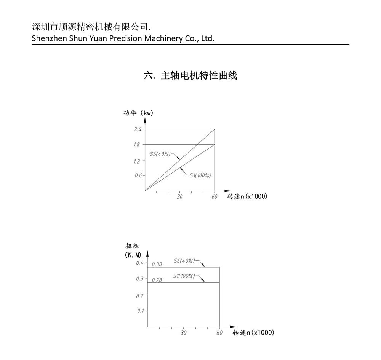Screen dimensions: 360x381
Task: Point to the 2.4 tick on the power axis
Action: coord(138,129)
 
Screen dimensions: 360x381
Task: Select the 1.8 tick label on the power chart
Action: coord(137,145)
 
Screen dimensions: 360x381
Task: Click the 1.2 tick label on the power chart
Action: coord(137,161)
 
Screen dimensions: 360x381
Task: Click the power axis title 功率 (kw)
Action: coord(138,113)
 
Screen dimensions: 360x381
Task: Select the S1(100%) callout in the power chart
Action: coord(200,175)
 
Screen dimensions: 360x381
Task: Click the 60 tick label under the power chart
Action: coord(215,197)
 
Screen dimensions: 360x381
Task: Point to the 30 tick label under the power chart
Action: coord(180,197)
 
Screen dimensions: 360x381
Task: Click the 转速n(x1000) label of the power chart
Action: coord(247,196)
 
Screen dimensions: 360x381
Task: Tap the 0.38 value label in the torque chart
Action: coord(157,264)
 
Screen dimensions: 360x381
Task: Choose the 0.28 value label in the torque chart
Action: coord(157,280)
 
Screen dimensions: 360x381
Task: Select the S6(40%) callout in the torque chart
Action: coord(184,261)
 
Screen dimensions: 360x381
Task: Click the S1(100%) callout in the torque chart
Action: coord(184,276)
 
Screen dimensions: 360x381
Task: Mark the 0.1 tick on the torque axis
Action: coord(140,311)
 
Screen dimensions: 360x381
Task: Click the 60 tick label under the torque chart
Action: coord(219,333)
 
